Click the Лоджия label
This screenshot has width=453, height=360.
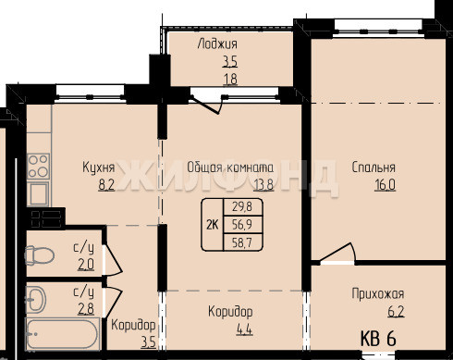point(217,44)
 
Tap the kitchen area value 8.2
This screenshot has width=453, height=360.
point(106,185)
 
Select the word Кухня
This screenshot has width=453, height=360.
point(99,168)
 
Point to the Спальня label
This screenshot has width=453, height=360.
point(373,168)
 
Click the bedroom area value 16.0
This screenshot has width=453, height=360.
point(385,185)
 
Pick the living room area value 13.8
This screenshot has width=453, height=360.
point(263,185)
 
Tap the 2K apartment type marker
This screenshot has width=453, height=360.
point(213,225)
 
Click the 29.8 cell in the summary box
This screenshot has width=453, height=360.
point(242,206)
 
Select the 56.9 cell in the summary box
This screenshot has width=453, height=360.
point(242,225)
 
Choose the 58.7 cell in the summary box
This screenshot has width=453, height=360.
point(242,242)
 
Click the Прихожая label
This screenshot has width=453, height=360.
point(378,294)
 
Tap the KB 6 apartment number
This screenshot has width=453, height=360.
point(378,339)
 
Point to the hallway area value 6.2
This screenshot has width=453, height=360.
point(396,312)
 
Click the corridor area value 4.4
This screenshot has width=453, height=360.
point(244,329)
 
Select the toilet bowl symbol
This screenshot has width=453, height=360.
point(40,255)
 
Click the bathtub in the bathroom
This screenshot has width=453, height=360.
point(63,334)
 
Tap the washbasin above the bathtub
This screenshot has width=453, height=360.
point(36,299)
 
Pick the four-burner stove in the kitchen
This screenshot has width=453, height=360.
point(38,167)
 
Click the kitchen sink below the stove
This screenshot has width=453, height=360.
point(38,193)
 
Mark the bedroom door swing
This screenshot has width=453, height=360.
point(337,254)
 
